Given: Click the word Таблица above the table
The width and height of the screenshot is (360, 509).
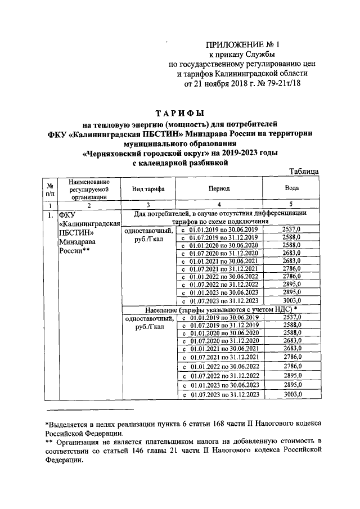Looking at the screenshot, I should (304, 172).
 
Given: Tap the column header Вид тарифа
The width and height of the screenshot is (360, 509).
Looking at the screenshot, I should (148, 190).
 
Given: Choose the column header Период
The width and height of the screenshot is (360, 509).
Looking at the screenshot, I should (219, 190).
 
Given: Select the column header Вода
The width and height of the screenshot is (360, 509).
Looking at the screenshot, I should (292, 190).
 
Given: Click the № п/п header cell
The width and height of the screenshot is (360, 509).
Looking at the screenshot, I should (50, 190).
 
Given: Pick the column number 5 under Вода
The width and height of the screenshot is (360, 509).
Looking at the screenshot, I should (291, 205).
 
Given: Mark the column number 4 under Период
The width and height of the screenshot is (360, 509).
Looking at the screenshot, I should (219, 205).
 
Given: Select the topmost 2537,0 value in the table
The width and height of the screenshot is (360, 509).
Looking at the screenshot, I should (291, 229).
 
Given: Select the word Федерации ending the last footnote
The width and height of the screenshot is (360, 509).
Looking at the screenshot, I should (64, 459).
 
